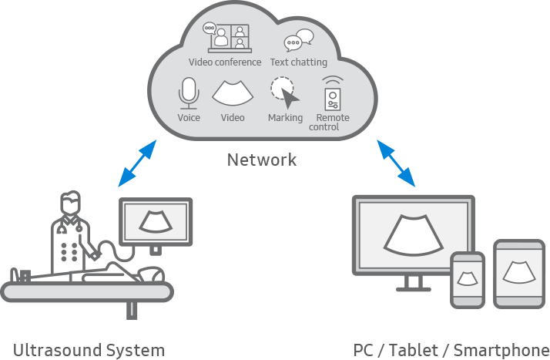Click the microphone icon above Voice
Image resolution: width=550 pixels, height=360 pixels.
189,94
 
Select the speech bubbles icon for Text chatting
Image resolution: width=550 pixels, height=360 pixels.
299,40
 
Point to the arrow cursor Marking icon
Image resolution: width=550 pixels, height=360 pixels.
285,94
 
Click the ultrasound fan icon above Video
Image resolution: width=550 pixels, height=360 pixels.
233,93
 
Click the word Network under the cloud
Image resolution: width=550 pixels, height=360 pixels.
261,160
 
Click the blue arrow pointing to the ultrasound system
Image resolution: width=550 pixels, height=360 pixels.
137,163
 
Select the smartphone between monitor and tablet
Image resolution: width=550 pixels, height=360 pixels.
468,277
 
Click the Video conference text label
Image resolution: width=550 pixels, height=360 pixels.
225,62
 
